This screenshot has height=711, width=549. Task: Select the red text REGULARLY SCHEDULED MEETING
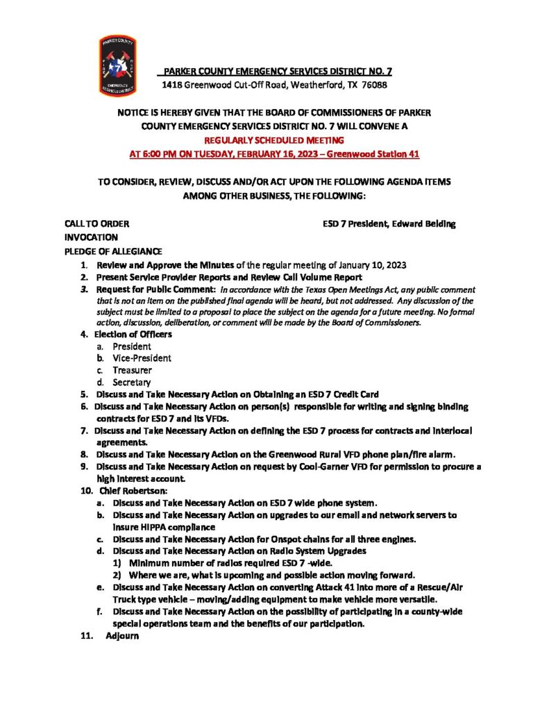(275, 140)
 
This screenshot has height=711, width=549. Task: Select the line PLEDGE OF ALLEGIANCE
(113, 251)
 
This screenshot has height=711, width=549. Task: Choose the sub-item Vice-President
(142, 358)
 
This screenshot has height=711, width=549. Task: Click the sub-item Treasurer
(132, 370)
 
